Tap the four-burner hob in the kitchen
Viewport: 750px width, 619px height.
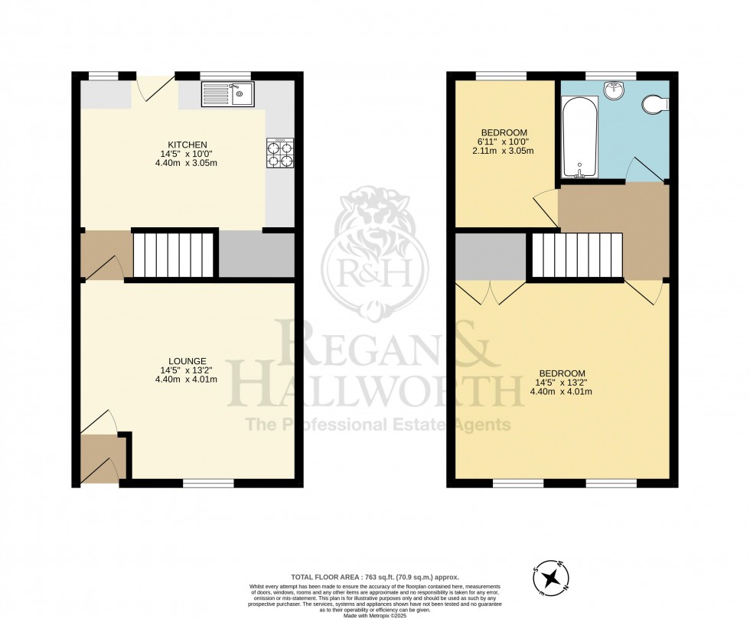[280, 153]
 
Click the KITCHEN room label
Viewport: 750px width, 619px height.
[187, 145]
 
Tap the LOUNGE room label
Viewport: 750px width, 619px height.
[187, 361]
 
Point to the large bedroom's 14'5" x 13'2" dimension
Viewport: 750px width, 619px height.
[562, 383]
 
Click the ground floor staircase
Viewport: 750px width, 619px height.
[174, 255]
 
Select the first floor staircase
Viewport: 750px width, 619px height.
[577, 256]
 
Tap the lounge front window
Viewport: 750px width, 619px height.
[208, 483]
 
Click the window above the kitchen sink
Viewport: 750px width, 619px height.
[226, 75]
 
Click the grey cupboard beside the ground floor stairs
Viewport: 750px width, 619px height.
[256, 255]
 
